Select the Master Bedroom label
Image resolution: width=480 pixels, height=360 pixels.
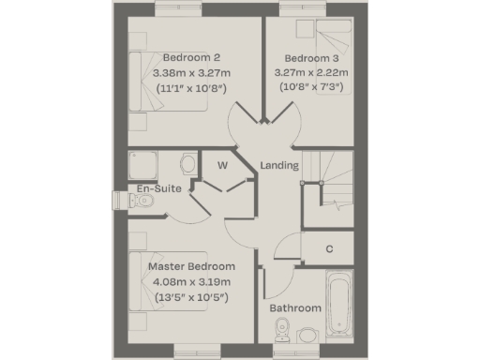[191, 266]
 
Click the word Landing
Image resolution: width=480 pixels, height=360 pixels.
[279, 166]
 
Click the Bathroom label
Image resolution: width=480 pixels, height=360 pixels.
[295, 307]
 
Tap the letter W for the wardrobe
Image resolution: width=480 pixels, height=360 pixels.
[223, 165]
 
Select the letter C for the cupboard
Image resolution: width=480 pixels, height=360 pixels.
[330, 249]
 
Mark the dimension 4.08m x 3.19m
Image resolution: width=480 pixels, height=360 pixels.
[191, 282]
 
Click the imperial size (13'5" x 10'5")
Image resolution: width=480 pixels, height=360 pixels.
[191, 298]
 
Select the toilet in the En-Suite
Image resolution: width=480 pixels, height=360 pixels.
[187, 166]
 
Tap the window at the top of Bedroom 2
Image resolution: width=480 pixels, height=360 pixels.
[180, 10]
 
